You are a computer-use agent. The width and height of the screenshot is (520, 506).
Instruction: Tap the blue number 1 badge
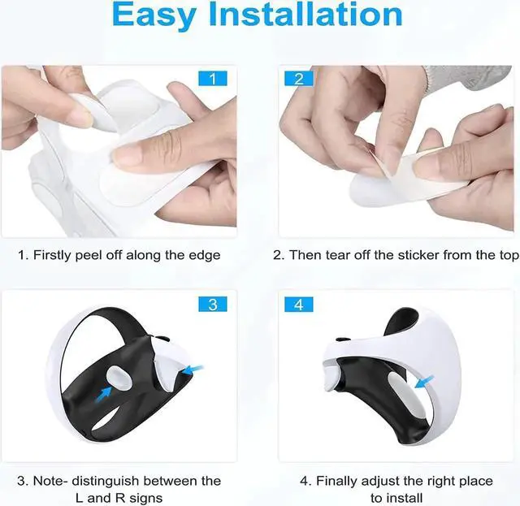pos(213,79)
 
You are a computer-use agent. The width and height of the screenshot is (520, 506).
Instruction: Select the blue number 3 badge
pos(213,305)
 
